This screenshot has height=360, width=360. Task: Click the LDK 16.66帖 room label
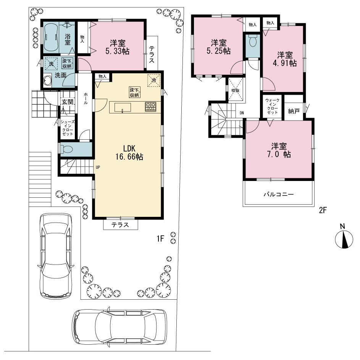point(129,152)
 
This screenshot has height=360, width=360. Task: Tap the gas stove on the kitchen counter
point(151,107)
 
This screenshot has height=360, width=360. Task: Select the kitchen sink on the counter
point(123,108)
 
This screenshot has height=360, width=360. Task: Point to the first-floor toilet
point(66,149)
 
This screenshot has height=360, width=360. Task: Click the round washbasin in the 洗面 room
point(48,81)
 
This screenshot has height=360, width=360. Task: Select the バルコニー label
point(279,194)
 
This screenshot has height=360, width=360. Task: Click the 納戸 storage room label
point(294,111)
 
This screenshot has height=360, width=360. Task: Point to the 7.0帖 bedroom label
point(279,150)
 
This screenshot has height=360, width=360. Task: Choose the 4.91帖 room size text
point(285,63)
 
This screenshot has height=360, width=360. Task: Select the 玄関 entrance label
point(68,102)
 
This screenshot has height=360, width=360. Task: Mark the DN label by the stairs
point(242,113)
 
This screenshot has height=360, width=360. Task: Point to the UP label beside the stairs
point(98,167)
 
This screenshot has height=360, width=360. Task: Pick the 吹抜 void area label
point(236,90)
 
